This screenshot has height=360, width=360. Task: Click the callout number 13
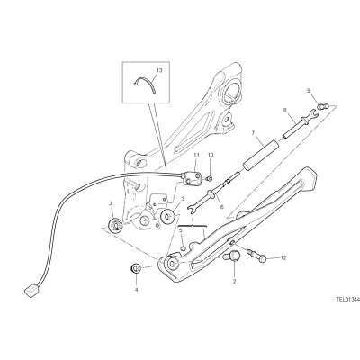[159, 70]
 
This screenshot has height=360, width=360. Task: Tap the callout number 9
[308, 90]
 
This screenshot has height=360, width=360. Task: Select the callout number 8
[285, 110]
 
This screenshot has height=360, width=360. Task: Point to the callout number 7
[253, 132]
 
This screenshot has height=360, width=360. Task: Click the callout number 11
[196, 155]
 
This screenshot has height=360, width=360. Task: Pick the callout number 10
[211, 155]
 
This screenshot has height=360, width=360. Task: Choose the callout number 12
[283, 257]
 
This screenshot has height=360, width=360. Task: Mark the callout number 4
[136, 290]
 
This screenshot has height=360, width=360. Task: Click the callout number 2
[235, 282]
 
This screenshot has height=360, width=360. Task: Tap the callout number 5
[181, 230]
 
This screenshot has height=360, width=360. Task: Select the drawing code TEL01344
[347, 299]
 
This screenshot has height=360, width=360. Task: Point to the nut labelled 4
[136, 267]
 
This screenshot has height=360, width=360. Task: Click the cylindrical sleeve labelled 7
[260, 157]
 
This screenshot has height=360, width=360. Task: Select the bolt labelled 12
[256, 256]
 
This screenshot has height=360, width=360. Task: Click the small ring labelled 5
[183, 247]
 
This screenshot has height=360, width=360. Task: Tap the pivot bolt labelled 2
[232, 256]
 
